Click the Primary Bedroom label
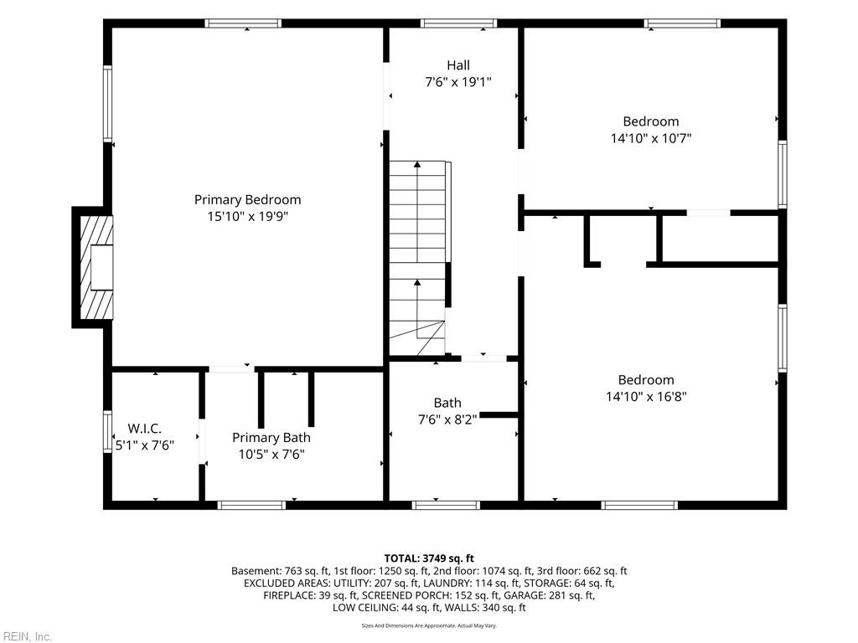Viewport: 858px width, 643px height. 247,199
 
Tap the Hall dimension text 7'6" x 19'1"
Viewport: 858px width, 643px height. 458,82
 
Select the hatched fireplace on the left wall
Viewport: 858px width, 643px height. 96,267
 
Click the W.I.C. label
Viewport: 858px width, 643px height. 144,428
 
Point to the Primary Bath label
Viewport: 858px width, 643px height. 271,437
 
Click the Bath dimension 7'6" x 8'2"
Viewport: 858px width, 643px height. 447,419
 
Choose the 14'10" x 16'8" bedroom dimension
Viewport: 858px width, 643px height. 646,396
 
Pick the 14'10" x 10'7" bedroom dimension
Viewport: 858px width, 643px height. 650,138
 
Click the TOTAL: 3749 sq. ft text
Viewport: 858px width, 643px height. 429,558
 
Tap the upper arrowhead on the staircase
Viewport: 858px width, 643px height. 417,164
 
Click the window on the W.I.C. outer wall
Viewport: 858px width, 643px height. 108,431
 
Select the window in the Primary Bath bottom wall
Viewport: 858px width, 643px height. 251,505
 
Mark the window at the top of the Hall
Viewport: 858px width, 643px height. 458,23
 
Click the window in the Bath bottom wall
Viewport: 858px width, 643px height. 446,505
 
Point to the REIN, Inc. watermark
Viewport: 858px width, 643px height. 26,636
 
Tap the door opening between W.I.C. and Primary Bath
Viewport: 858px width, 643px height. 202,441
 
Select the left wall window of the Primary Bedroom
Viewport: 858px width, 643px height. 108,104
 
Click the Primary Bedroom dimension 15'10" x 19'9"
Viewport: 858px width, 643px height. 247,217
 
